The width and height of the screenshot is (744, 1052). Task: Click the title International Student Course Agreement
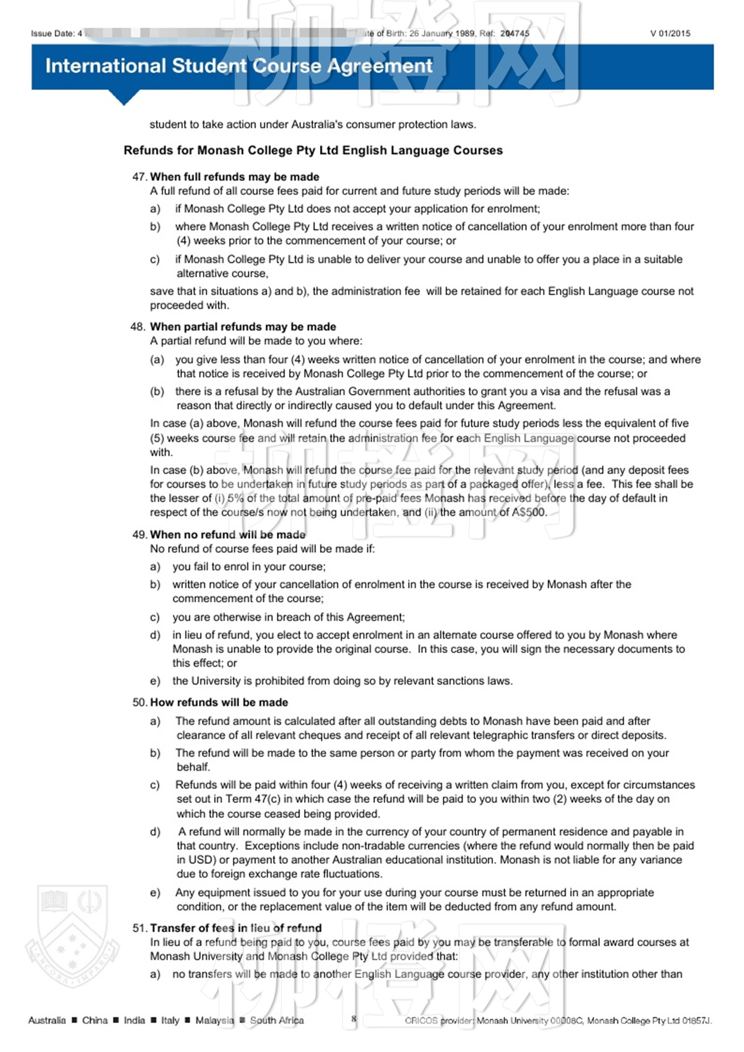pyautogui.click(x=239, y=66)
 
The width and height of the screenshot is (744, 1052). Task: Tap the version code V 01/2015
pyautogui.click(x=670, y=33)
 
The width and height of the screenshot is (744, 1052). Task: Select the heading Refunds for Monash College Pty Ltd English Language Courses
pyautogui.click(x=313, y=150)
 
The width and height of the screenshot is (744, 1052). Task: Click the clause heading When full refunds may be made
pyautogui.click(x=234, y=177)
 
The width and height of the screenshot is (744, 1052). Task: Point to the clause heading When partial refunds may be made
pyautogui.click(x=243, y=327)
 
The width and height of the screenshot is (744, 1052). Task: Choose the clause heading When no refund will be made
pyautogui.click(x=227, y=535)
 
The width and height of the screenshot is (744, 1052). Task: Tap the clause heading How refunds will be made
pyautogui.click(x=219, y=702)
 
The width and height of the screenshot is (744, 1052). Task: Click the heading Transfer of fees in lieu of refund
pyautogui.click(x=235, y=928)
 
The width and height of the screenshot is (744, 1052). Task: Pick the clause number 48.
pyautogui.click(x=138, y=327)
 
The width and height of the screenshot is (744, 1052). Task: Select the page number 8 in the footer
pyautogui.click(x=353, y=1019)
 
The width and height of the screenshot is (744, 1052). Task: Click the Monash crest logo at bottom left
pyautogui.click(x=72, y=934)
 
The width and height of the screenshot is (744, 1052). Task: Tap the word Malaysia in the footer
pyautogui.click(x=215, y=1020)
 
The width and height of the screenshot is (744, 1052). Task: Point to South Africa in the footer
pyautogui.click(x=277, y=1020)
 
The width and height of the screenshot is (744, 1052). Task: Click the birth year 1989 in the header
pyautogui.click(x=464, y=33)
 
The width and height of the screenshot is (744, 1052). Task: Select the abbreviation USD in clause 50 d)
pyautogui.click(x=189, y=860)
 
